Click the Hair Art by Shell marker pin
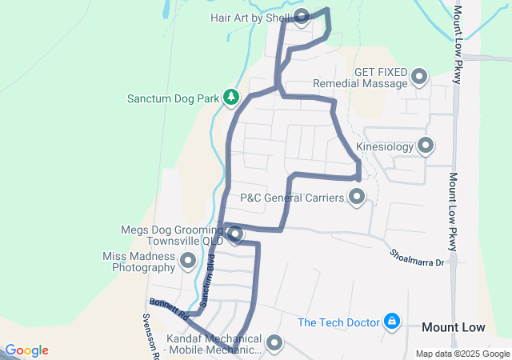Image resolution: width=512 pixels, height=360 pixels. coord(302,16)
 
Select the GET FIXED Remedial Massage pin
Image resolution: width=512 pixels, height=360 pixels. coord(419,78)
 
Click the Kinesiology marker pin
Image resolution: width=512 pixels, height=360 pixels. coord(426,146)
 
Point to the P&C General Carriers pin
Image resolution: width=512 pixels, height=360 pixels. coord(357,196)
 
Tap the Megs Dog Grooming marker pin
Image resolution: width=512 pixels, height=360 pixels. coord(235,234)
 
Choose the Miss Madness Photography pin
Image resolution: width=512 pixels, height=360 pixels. coord(189,261)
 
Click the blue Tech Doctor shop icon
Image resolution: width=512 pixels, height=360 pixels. coord(392,322)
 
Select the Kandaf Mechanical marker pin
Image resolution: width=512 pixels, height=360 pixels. coord(274,343)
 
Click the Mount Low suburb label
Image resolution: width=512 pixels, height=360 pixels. coord(453,327)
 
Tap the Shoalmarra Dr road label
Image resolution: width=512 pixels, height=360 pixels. coord(416,255)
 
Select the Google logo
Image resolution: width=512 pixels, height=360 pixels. coord(26,350)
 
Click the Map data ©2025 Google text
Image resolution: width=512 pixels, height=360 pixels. coord(462,354)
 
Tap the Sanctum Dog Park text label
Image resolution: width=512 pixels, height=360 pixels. coord(173,99)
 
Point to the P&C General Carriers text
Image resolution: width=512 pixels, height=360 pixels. coord(292,197)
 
